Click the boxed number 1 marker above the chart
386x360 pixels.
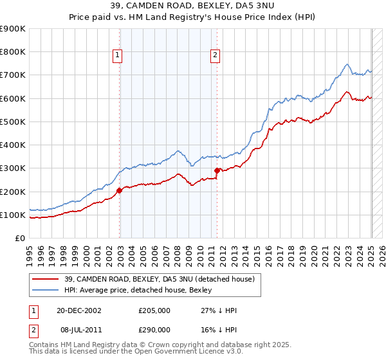(x=119, y=56)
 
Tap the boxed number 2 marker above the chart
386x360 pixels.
(x=214, y=56)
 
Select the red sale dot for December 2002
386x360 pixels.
(x=120, y=190)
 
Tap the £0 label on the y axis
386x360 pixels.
(x=21, y=239)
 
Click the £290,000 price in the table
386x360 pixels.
(x=154, y=328)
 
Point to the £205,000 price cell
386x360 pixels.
(x=154, y=310)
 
